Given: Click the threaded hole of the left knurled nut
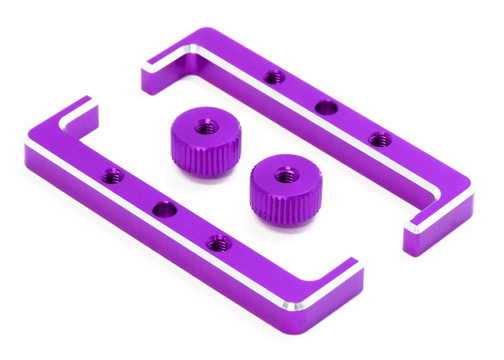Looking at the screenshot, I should [203, 128].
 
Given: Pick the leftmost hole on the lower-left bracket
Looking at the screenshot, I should [113, 177].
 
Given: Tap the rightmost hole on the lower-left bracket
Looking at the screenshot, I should [219, 242].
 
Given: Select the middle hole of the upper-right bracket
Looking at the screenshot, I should [325, 108].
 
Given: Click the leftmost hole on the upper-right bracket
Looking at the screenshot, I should [273, 78].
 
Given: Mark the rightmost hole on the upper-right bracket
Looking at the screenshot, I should [377, 139].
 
